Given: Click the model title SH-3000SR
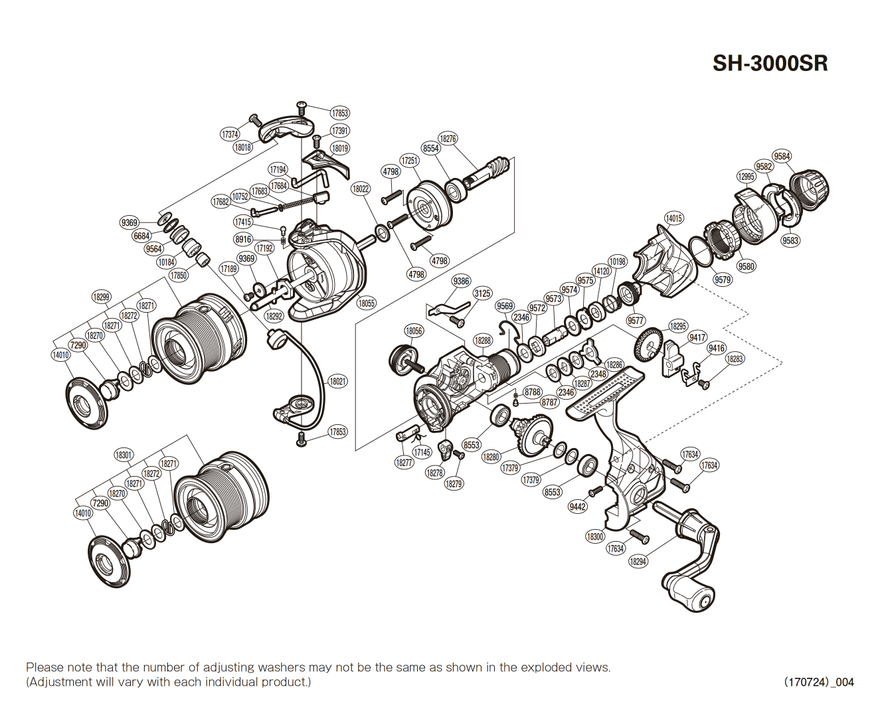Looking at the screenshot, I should [770, 64].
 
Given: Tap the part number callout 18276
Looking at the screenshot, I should [448, 139].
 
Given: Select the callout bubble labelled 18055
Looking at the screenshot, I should [367, 303].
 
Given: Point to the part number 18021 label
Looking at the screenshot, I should [338, 382].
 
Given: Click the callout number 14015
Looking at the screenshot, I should [673, 218].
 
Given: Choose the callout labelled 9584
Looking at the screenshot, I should [782, 157].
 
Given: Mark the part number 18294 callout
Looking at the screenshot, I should [638, 562].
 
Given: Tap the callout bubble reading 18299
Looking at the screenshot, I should [101, 297].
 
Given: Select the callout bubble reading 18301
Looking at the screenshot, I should [124, 455].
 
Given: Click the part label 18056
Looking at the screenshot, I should [414, 331].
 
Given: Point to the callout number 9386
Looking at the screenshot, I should [462, 281].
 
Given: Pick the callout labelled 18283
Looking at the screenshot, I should [735, 359].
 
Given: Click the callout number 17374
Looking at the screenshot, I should [230, 135].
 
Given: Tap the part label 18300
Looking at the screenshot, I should [595, 537].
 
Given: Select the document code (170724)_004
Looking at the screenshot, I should [818, 682].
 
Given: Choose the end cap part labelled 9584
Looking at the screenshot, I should [810, 188].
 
